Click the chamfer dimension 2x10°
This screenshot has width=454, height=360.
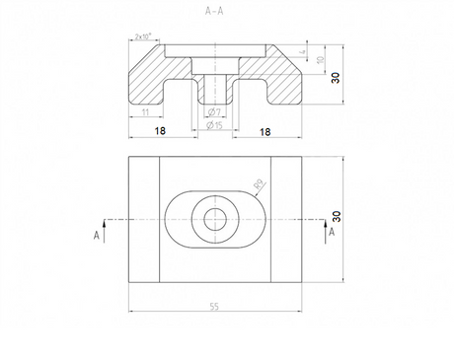pos(145,37)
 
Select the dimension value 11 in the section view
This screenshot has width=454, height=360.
pos(145,113)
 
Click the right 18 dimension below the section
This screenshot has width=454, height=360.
pos(265,130)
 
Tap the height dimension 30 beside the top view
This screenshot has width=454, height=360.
pos(336,215)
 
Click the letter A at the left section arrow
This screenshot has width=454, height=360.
pos(96,235)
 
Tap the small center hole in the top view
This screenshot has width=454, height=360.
pos(213,217)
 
